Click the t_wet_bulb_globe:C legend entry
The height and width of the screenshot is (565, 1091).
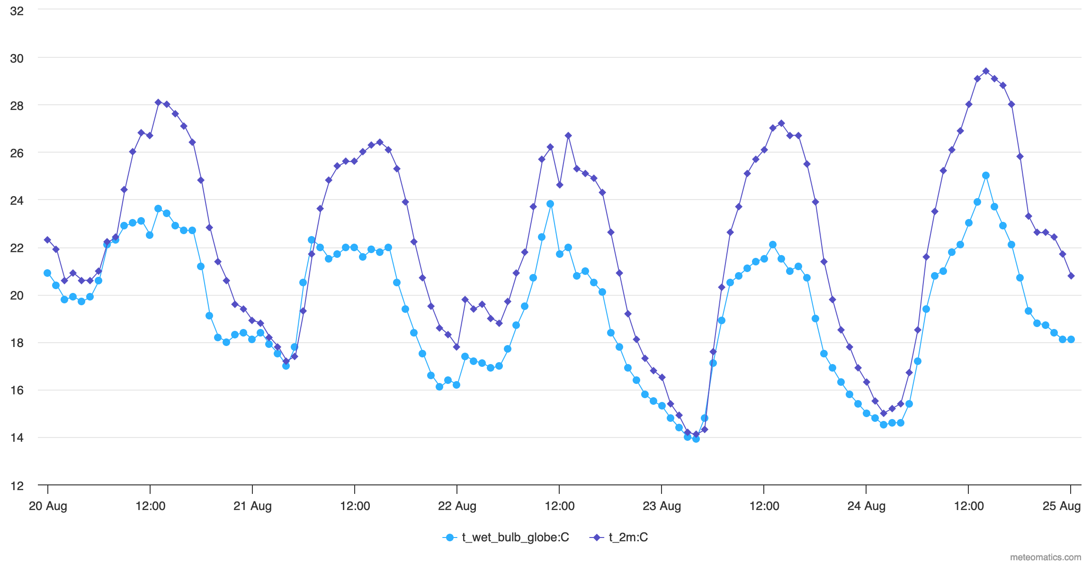[515, 537]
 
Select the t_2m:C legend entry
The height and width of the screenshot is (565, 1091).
[628, 537]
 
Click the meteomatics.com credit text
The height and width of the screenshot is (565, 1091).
[1045, 557]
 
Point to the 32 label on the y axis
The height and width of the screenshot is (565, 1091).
[17, 11]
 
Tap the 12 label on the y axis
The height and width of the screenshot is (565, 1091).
[17, 486]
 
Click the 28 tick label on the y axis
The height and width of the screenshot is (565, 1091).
[17, 106]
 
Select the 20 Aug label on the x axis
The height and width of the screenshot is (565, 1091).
[48, 506]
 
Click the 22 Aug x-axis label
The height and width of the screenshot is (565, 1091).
[457, 506]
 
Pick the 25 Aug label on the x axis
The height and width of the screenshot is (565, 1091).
[1061, 506]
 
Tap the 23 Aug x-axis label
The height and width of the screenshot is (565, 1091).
[662, 506]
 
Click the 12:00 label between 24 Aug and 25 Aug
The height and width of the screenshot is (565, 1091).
[968, 506]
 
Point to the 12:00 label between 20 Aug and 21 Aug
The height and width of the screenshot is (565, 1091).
[150, 506]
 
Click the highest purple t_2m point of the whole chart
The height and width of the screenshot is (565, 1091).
[985, 71]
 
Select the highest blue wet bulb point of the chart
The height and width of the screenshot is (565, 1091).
[985, 175]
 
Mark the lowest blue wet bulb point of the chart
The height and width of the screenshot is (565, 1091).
[696, 439]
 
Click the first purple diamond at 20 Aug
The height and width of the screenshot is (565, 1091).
[47, 240]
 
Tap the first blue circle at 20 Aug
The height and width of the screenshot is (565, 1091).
[47, 273]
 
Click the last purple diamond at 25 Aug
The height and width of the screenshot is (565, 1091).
[1071, 276]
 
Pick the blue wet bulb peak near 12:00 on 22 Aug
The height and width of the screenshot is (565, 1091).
[550, 204]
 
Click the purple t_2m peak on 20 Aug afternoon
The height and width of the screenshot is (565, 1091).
[158, 102]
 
